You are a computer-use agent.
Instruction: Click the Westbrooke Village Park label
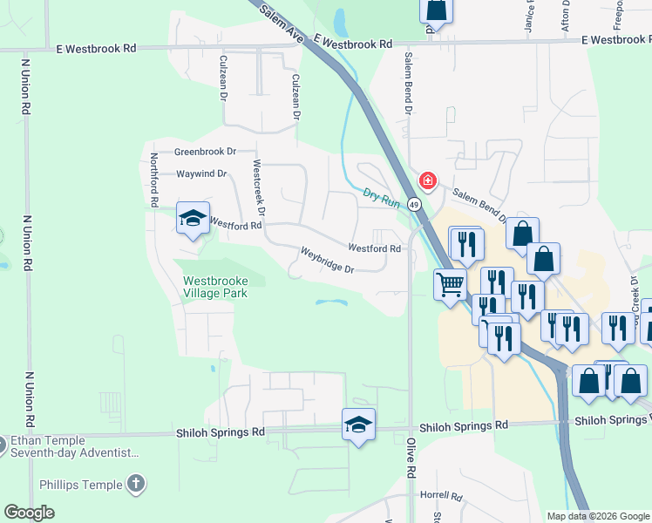tap(215, 287)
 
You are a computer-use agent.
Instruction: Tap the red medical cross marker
tap(427, 180)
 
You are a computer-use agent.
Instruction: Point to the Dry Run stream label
tap(381, 198)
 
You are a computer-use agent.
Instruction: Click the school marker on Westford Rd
tap(192, 219)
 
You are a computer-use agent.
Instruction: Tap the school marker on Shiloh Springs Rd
tap(358, 425)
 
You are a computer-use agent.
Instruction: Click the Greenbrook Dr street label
tap(206, 152)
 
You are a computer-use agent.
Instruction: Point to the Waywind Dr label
tap(201, 174)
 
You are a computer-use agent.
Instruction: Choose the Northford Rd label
tap(153, 180)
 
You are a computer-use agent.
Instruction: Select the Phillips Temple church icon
tap(135, 484)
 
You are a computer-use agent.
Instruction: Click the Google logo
tap(30, 513)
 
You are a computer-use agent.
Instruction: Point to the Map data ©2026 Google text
tap(598, 516)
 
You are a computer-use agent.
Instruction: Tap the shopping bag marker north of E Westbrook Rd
tap(436, 10)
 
